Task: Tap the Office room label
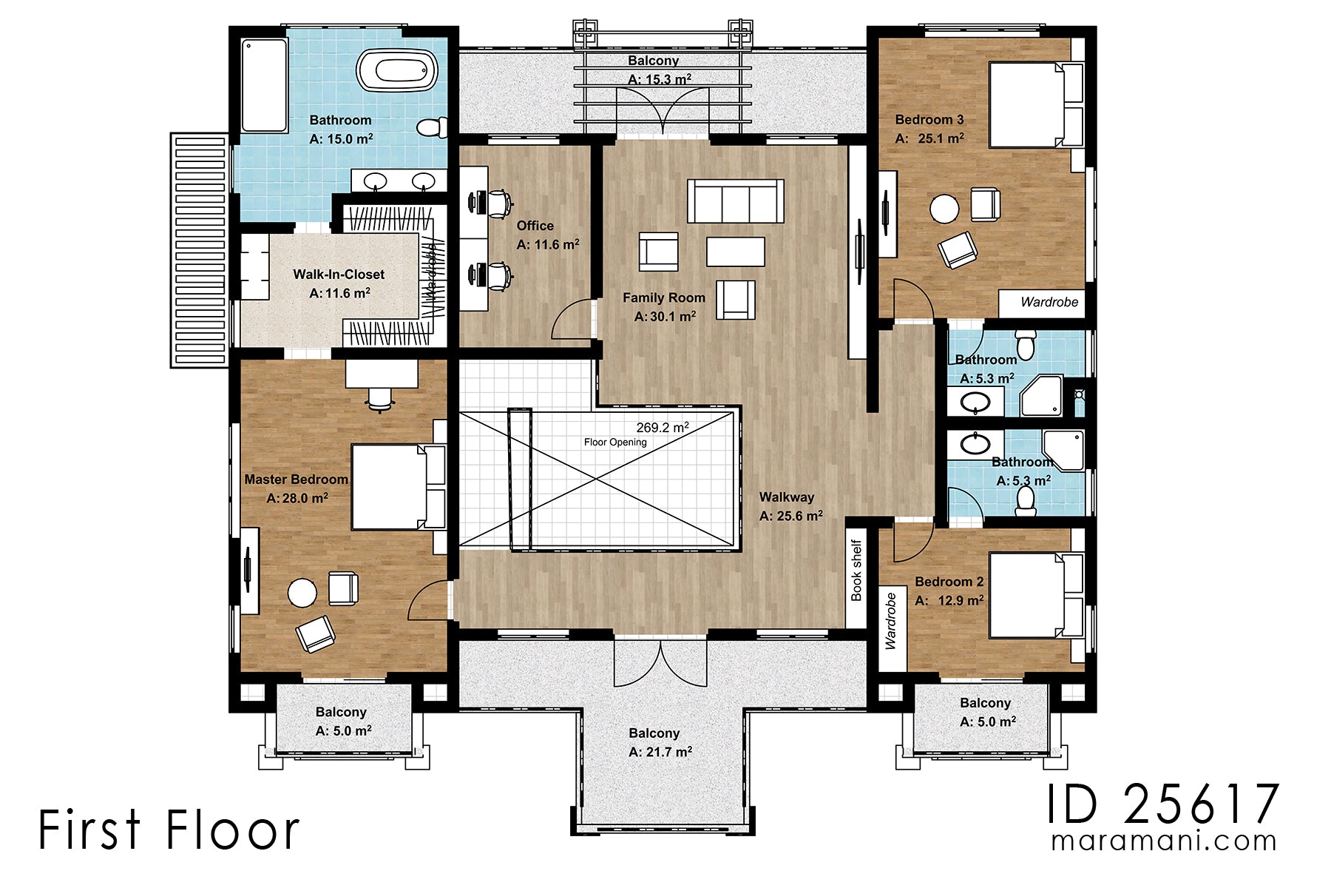(535, 226)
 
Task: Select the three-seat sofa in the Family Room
(735, 201)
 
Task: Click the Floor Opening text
(615, 443)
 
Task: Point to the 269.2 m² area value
(663, 428)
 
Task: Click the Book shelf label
(856, 571)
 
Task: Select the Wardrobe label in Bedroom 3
(1049, 302)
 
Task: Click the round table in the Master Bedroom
(302, 592)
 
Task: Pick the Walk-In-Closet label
(339, 275)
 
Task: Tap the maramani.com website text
(1164, 841)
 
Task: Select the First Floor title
(169, 830)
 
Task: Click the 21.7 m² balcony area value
(660, 752)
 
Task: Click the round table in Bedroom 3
(944, 209)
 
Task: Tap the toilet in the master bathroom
(432, 127)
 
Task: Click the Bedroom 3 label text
(929, 119)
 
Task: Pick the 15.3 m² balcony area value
(660, 79)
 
